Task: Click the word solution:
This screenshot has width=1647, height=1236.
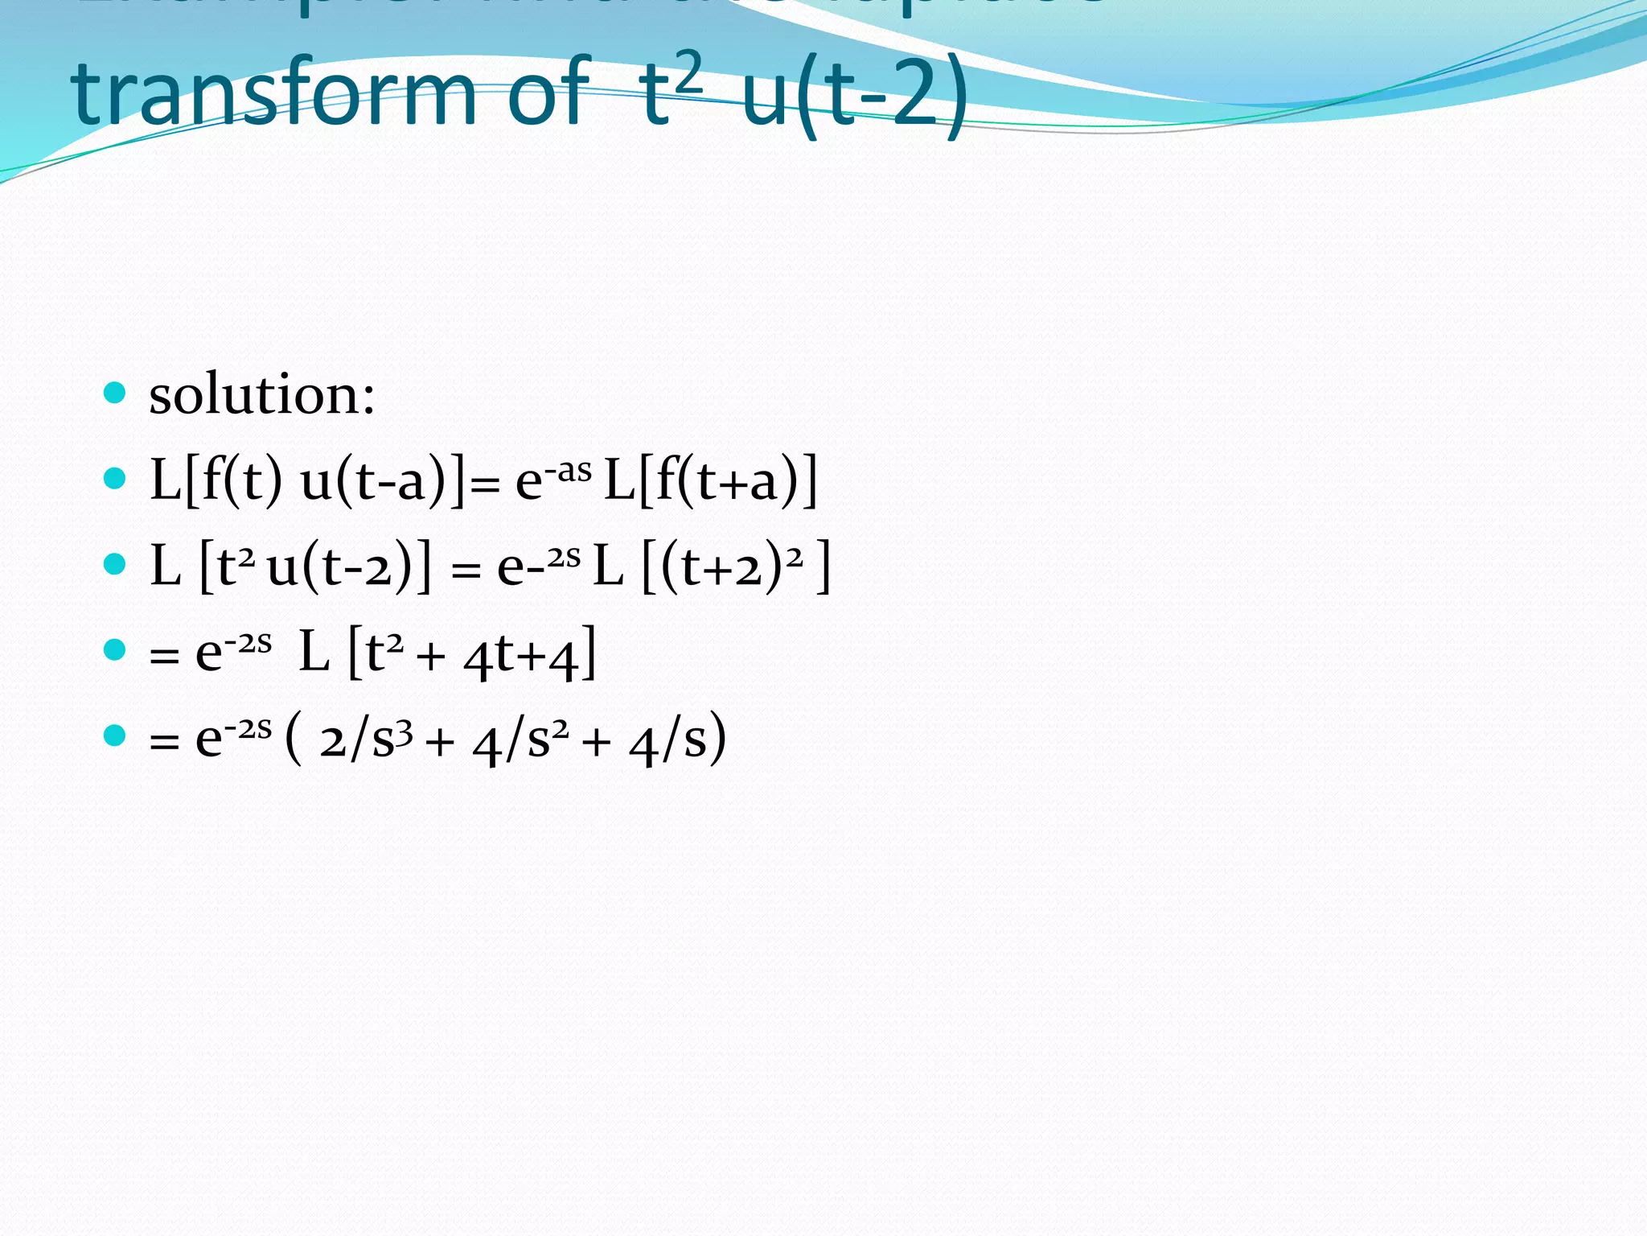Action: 262,395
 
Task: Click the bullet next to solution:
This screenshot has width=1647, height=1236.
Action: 115,393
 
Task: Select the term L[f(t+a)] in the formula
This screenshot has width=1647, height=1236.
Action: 710,481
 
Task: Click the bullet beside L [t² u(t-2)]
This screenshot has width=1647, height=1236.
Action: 115,564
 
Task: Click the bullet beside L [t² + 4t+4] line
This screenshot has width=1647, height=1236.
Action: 115,649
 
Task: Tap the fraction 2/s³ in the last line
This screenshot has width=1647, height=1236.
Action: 366,739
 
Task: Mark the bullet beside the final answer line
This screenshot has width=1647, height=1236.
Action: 115,735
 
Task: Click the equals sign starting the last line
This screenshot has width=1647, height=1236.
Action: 164,741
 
